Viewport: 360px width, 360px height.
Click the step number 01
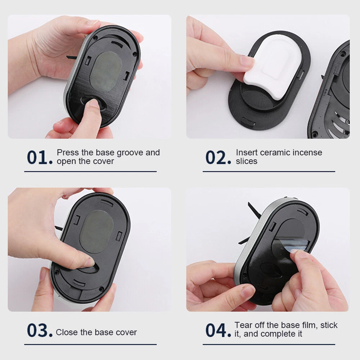[x=40, y=158]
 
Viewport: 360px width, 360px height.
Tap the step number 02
[x=218, y=158]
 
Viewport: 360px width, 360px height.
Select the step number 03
[x=40, y=330]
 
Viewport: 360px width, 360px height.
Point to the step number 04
[x=218, y=330]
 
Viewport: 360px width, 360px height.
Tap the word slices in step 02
[x=246, y=161]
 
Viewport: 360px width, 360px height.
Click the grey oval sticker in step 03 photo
[x=96, y=231]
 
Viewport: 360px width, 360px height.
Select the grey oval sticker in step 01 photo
[x=106, y=71]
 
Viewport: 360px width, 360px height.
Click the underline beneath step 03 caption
[x=90, y=345]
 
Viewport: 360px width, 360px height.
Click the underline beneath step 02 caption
[x=269, y=171]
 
